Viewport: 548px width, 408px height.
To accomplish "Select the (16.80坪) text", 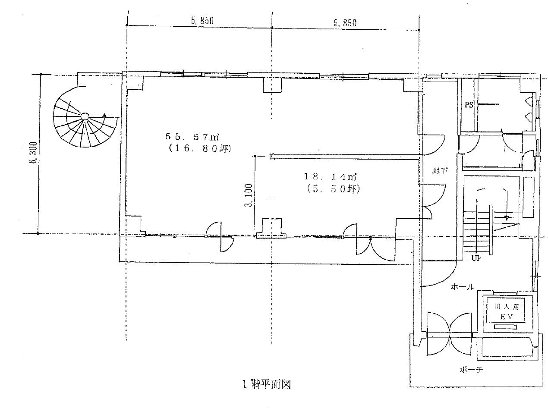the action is click(x=199, y=148).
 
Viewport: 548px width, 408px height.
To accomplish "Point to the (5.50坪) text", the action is click(x=333, y=189).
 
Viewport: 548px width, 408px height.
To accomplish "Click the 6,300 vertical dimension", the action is click(x=33, y=152).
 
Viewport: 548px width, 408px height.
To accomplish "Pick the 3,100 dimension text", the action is click(x=249, y=195).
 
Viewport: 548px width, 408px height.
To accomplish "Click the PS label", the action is click(x=469, y=105).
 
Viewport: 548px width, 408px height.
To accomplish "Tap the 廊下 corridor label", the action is click(x=440, y=171).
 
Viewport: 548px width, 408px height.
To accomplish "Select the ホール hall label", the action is click(x=462, y=287).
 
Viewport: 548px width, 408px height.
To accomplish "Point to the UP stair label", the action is click(x=476, y=258).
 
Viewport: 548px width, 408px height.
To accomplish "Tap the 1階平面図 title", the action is click(x=266, y=384).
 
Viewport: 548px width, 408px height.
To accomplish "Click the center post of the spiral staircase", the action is click(x=85, y=116).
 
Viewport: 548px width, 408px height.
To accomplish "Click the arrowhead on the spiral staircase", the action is click(x=104, y=115).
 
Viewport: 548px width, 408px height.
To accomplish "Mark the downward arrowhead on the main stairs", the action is click(x=507, y=218).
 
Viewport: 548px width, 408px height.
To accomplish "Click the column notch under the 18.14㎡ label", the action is click(x=272, y=228).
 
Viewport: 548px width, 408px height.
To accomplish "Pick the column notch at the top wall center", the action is click(x=272, y=85).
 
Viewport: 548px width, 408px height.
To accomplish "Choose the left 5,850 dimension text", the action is click(x=202, y=21).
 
